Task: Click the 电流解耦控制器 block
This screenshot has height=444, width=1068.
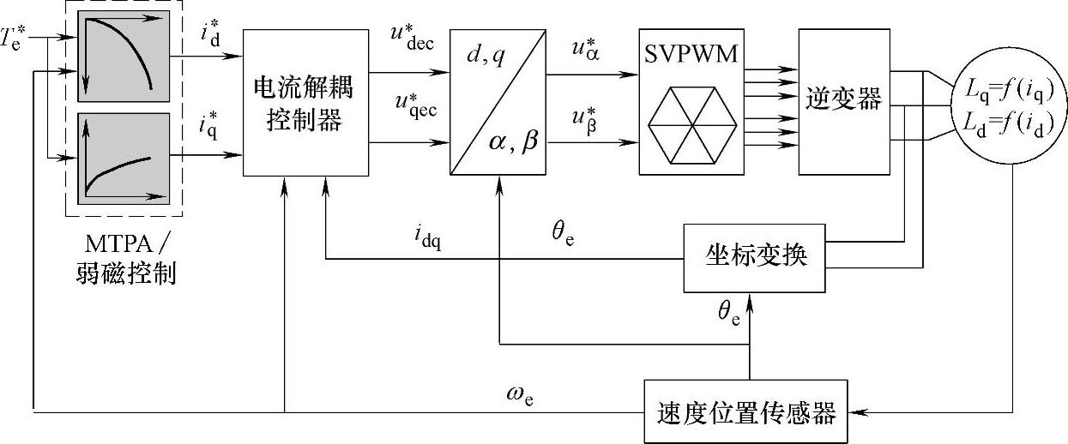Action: pyautogui.click(x=305, y=103)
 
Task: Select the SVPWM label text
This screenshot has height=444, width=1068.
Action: pyautogui.click(x=691, y=57)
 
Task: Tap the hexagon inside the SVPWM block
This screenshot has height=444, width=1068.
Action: pyautogui.click(x=691, y=126)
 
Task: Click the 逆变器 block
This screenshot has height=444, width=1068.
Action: pyautogui.click(x=844, y=101)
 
